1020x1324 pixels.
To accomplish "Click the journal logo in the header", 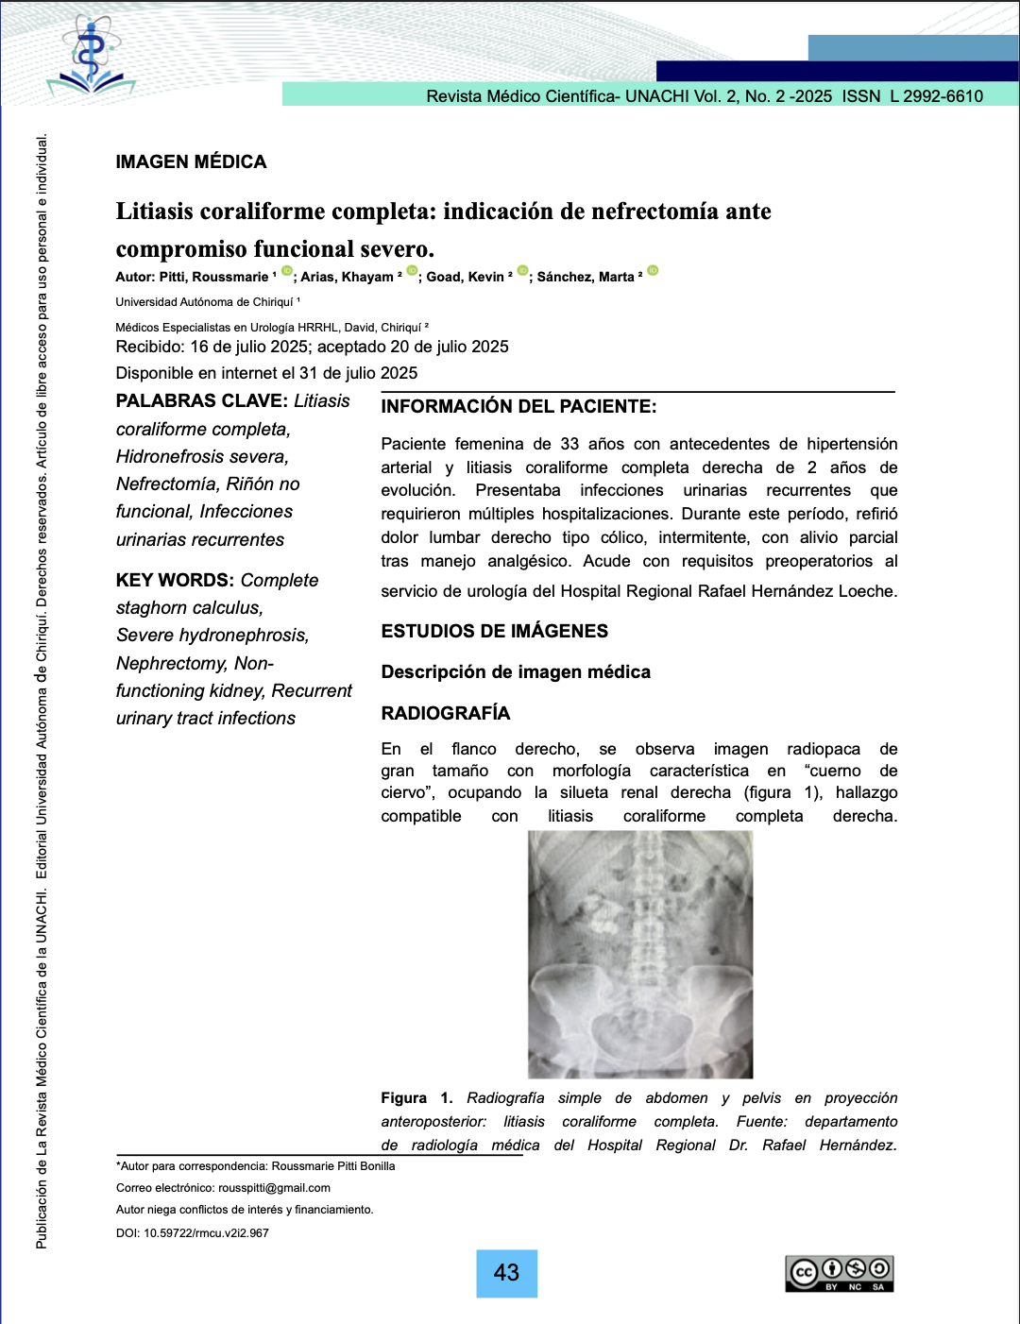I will pos(91,57).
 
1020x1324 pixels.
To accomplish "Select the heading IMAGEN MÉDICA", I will pos(191,161).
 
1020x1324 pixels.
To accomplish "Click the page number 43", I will pos(506,1273).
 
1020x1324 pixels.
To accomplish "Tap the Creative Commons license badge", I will pos(840,1273).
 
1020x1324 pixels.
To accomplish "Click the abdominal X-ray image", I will pos(640,954).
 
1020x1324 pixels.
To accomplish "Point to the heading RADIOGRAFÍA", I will pos(445,713).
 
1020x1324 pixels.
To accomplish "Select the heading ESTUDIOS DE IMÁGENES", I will pos(494,631).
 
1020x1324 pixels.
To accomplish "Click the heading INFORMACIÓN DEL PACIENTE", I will pos(518,407).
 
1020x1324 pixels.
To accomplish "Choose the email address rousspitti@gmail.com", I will pos(274,1188).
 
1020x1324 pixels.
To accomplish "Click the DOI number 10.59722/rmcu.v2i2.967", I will pos(206,1232).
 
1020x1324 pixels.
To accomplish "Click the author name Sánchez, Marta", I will pos(586,277).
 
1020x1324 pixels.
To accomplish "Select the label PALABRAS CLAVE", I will pos(201,401).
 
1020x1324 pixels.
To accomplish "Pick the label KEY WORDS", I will pos(175,580).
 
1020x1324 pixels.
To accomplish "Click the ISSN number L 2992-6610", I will pos(936,95).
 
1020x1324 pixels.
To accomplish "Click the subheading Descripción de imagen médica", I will pos(516,672).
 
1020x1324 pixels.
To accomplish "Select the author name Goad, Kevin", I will pos(465,277).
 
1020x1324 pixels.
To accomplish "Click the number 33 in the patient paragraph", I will pos(569,444).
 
